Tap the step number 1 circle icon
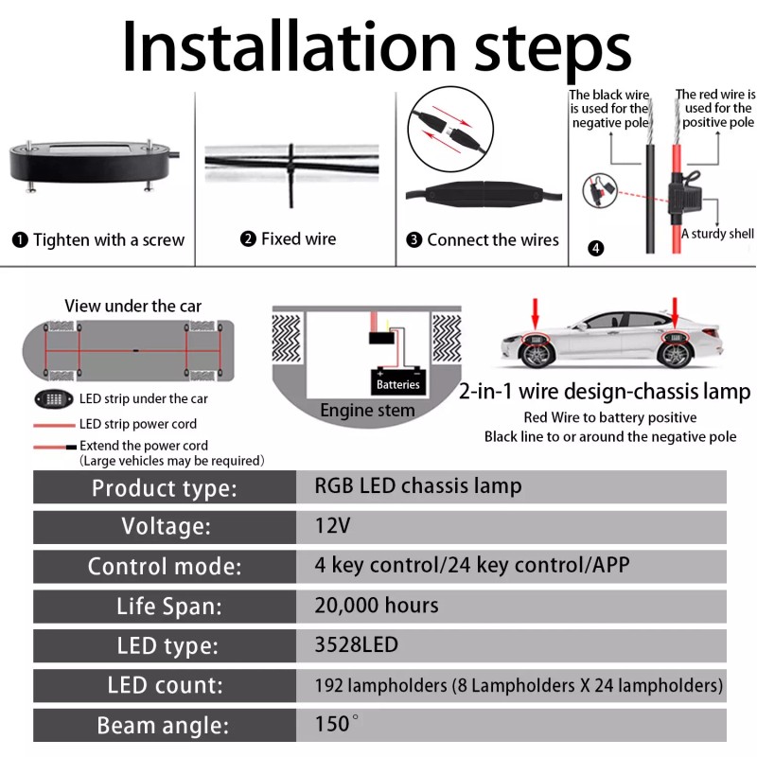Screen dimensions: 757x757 tap(20, 240)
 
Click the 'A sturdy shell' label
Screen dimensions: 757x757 tap(716, 234)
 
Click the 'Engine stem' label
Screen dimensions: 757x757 tap(367, 410)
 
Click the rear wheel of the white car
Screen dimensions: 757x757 tap(676, 355)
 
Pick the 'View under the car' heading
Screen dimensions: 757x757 tap(132, 306)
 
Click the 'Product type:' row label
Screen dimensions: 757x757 tap(164, 488)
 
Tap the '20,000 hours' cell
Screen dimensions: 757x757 tap(377, 606)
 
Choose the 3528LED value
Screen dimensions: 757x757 tap(357, 645)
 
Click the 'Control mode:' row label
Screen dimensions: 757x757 tap(164, 567)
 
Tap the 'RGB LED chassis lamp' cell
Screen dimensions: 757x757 tap(417, 486)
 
